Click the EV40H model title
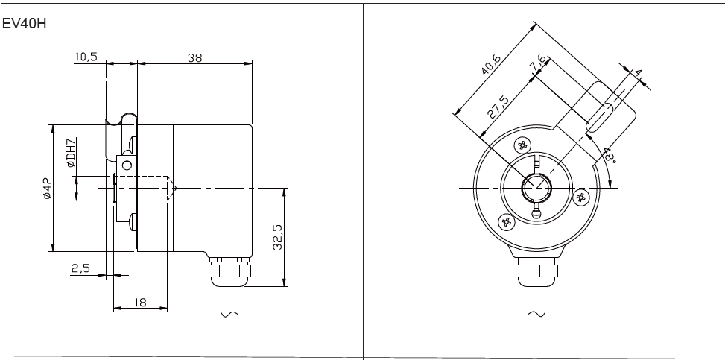tap(25, 23)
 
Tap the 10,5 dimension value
tap(86, 57)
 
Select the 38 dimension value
tap(194, 58)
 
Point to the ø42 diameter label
tap(47, 189)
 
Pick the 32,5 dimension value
tap(277, 237)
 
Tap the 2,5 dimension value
tap(80, 268)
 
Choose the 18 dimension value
tap(140, 302)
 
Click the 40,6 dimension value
tap(490, 64)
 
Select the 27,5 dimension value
tap(498, 107)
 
